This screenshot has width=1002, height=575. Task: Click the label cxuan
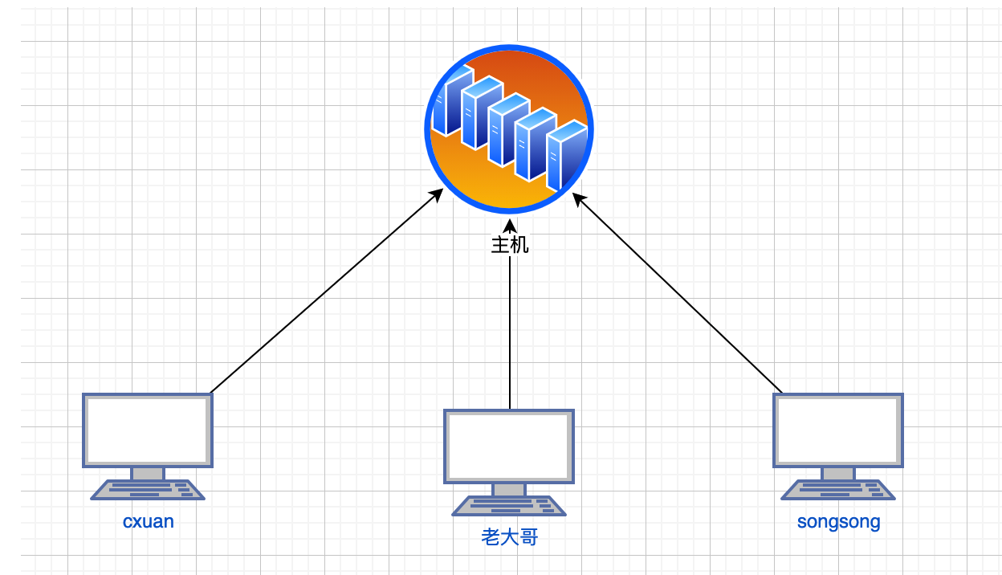[149, 521]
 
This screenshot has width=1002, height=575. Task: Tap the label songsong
[838, 521]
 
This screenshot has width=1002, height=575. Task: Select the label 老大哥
[509, 537]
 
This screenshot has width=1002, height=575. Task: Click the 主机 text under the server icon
[509, 245]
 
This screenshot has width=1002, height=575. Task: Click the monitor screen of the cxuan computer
[148, 430]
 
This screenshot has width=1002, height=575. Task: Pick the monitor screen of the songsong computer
[838, 430]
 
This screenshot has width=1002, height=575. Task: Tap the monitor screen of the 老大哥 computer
[509, 446]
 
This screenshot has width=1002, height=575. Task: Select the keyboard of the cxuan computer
[148, 490]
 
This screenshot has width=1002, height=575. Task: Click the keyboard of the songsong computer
[838, 490]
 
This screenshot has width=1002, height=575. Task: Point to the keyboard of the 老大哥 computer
[509, 506]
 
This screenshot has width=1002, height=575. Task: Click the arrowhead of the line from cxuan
[438, 193]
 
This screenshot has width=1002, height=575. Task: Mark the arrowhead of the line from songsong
[578, 197]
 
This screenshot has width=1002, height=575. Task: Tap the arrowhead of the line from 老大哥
[509, 224]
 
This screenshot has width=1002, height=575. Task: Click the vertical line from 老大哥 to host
[509, 337]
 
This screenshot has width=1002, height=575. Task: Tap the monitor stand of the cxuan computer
[148, 474]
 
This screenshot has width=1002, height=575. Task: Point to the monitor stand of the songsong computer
[838, 474]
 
